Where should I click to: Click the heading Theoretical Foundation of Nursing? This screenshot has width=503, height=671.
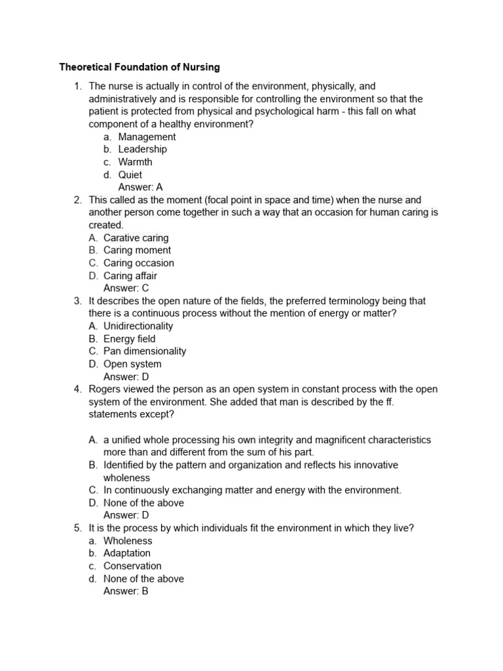(140, 67)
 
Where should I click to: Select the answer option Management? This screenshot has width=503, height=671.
(147, 137)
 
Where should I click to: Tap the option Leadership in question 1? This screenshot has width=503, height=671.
(142, 149)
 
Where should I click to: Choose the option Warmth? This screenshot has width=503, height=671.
(135, 162)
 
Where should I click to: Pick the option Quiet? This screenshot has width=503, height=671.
(130, 175)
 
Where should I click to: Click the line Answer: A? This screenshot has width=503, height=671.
(140, 187)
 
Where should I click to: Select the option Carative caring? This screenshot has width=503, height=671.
(136, 238)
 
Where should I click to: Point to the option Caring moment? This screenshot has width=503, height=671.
(137, 250)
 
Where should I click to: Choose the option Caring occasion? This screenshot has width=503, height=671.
(139, 263)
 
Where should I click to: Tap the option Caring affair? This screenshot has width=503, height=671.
(130, 276)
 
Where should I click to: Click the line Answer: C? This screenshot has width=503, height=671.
(126, 288)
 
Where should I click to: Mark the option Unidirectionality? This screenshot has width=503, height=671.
(138, 326)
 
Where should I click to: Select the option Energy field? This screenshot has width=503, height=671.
(130, 339)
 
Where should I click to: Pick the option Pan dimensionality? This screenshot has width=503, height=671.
(145, 351)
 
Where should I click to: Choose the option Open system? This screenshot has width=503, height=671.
(132, 364)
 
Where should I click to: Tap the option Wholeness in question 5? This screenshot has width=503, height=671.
(128, 541)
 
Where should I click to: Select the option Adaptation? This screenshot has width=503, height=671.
(127, 553)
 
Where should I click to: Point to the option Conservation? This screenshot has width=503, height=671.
(132, 566)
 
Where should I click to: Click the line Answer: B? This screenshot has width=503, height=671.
(126, 591)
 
